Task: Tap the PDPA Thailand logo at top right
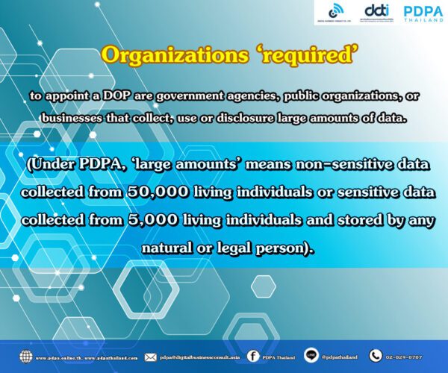coord(423,13)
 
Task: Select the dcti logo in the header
coord(375,11)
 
